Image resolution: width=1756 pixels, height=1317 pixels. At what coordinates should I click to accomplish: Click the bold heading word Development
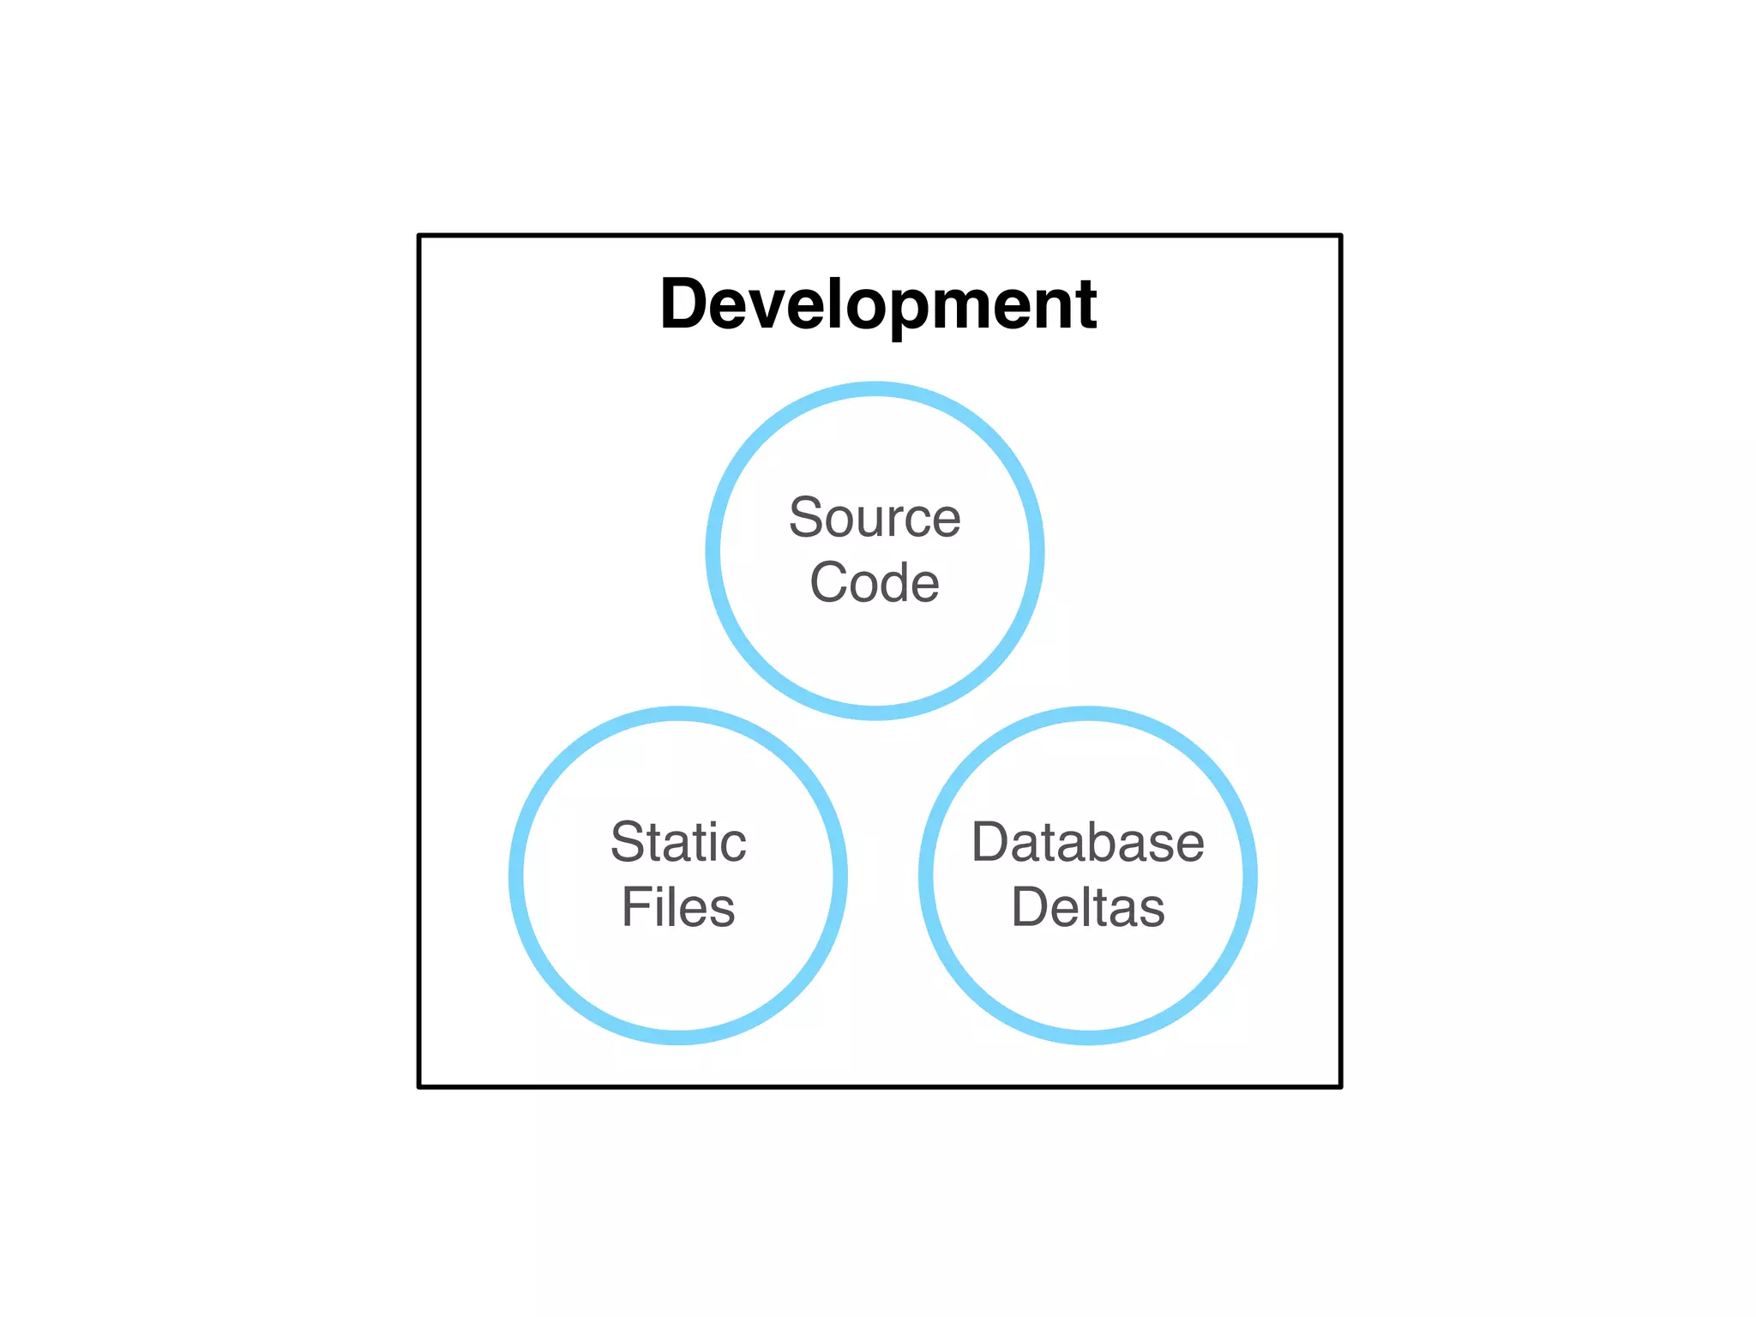pos(878,304)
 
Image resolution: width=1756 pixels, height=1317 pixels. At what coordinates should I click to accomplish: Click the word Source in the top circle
pos(875,518)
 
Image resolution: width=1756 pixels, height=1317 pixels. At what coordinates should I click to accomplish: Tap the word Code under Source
pos(875,583)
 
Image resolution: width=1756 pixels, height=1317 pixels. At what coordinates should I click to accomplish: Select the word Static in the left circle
pos(678,842)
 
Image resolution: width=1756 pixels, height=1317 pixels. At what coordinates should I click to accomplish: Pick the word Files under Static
pos(678,907)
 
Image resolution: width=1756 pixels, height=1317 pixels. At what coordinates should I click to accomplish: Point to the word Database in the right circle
pos(1087,842)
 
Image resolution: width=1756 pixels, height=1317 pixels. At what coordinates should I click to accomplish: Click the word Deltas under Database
pos(1087,907)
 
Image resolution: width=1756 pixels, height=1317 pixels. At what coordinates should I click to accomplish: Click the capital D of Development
pos(683,304)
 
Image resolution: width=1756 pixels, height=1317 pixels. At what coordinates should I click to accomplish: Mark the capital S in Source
pos(806,518)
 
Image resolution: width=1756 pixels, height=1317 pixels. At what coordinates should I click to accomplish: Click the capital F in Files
pos(635,907)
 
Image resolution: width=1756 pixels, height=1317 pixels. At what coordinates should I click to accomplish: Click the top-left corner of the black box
pos(419,235)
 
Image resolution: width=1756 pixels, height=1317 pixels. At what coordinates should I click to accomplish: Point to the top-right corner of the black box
pos(1340,235)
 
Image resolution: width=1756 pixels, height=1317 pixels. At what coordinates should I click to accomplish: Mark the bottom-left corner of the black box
pos(419,1086)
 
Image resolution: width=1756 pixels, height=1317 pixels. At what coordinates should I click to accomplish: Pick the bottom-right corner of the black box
pos(1340,1086)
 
